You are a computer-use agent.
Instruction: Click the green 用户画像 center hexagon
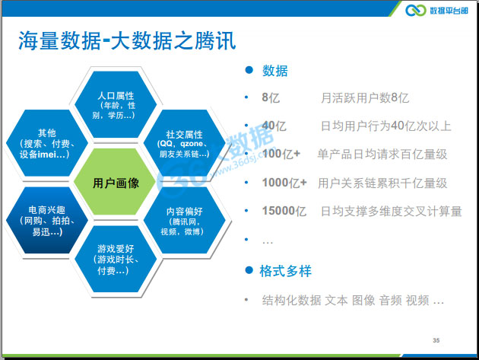pyautogui.click(x=116, y=183)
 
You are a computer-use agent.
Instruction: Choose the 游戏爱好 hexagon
pyautogui.click(x=116, y=259)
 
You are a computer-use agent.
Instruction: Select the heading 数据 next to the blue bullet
pyautogui.click(x=275, y=71)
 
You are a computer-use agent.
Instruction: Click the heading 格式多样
pyautogui.click(x=286, y=271)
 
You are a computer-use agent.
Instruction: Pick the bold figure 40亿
pyautogui.click(x=274, y=126)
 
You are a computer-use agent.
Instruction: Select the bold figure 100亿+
pyautogui.click(x=281, y=154)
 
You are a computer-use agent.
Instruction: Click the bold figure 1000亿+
pyautogui.click(x=284, y=183)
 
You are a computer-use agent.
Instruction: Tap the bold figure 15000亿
pyautogui.click(x=284, y=211)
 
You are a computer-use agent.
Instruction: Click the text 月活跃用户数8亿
pyautogui.click(x=365, y=97)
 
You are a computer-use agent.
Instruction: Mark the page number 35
pyautogui.click(x=436, y=339)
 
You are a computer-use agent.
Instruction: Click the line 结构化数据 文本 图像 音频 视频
pyautogui.click(x=353, y=300)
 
